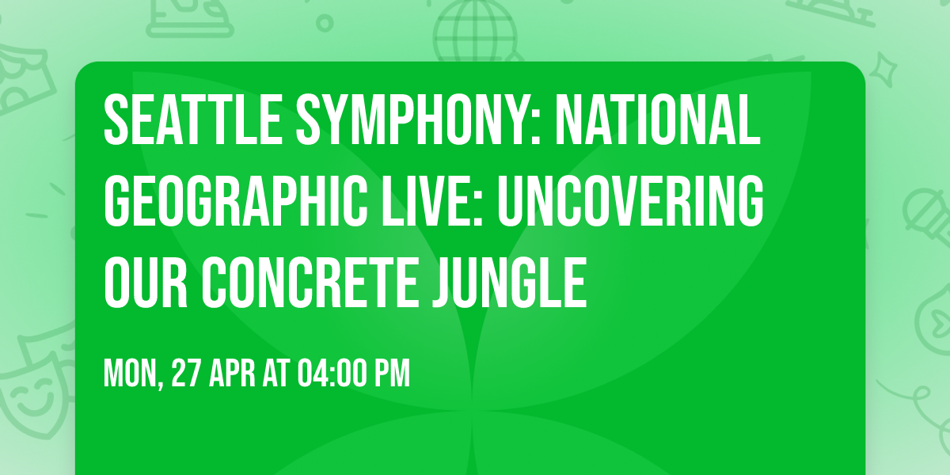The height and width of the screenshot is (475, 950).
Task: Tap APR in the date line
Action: pos(234,374)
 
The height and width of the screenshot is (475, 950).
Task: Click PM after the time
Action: pos(393,374)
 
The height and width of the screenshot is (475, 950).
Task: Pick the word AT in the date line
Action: pos(277,374)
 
